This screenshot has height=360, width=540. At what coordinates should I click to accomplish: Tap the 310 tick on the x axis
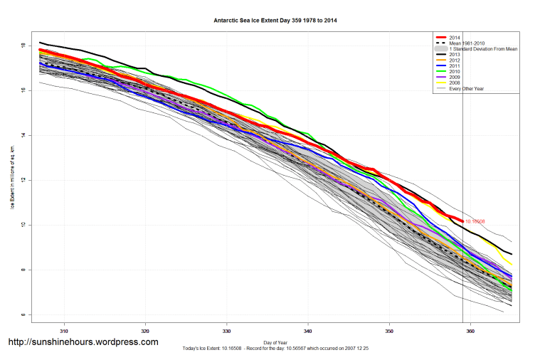click(64, 330)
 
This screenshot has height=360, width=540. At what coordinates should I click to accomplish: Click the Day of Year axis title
click(275, 342)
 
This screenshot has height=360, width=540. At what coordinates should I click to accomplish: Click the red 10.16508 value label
click(475, 222)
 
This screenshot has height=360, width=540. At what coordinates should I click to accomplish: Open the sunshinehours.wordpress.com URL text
click(83, 342)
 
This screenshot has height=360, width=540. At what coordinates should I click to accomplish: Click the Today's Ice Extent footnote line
click(275, 349)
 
